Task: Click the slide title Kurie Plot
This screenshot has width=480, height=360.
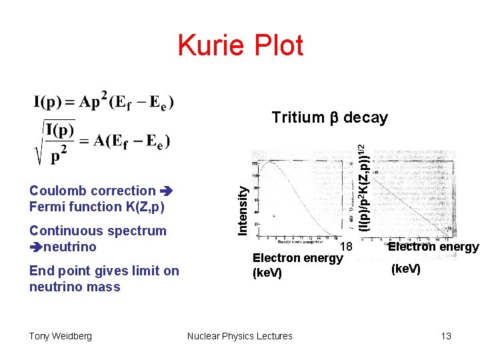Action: (x=240, y=45)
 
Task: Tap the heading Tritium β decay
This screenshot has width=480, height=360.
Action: (x=329, y=118)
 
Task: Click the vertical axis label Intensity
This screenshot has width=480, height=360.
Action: (x=244, y=209)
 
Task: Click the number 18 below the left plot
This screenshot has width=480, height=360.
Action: (x=345, y=247)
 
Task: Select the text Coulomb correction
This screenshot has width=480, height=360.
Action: (x=92, y=191)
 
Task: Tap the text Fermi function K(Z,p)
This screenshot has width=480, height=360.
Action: (x=97, y=207)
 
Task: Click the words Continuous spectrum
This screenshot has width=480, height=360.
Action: (x=97, y=231)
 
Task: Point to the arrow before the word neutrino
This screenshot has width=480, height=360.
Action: (x=36, y=247)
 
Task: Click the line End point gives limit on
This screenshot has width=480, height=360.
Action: (x=104, y=271)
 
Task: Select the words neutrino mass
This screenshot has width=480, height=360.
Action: (x=75, y=287)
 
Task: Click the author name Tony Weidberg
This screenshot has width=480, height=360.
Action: (x=61, y=336)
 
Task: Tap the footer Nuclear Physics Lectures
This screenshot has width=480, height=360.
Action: (x=240, y=336)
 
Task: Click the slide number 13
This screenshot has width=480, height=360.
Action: (x=446, y=336)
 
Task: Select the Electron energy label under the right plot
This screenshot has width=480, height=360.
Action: (x=433, y=247)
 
